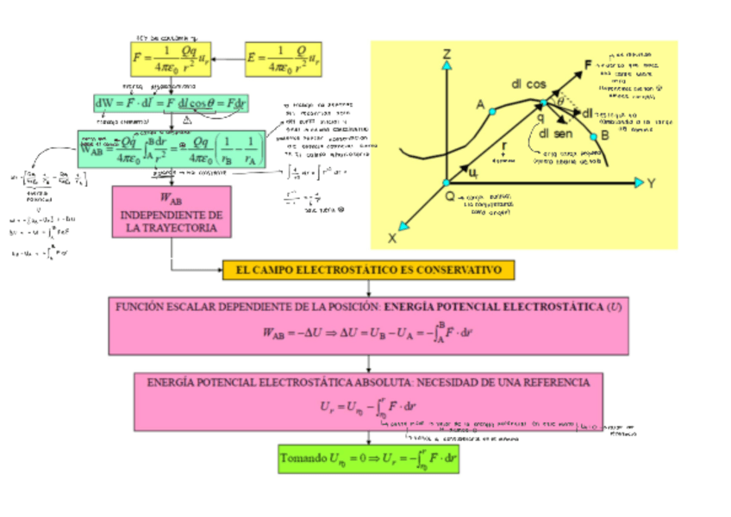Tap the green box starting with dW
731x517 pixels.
coord(171,103)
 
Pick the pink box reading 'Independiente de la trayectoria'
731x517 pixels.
coord(171,212)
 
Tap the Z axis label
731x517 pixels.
coord(447,55)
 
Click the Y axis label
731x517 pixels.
coord(653,183)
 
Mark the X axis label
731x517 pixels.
coord(392,237)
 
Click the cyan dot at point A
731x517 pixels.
coord(492,111)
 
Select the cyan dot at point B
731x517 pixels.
coord(593,136)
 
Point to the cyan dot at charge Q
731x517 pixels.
coord(447,183)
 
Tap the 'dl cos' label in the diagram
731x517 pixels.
coord(528,84)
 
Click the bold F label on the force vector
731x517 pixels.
coord(588,65)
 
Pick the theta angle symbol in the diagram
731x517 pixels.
coord(560,101)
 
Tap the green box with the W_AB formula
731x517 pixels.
coord(171,149)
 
